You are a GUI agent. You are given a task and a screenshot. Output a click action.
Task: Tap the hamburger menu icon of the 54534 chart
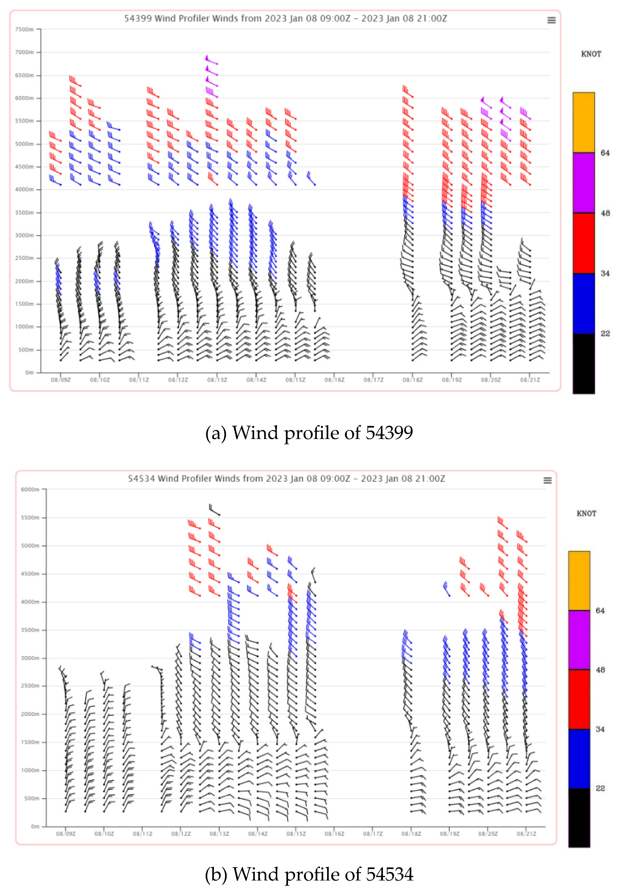click(x=547, y=480)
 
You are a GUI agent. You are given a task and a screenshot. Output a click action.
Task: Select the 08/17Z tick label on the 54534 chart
click(x=373, y=833)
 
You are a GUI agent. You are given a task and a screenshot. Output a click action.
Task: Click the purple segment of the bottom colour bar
click(x=579, y=640)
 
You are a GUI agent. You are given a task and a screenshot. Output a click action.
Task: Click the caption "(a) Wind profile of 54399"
click(x=309, y=433)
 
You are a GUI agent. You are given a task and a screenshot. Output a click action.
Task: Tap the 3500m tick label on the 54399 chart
click(x=24, y=213)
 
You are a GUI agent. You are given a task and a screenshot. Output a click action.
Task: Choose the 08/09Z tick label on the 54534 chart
click(x=66, y=833)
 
